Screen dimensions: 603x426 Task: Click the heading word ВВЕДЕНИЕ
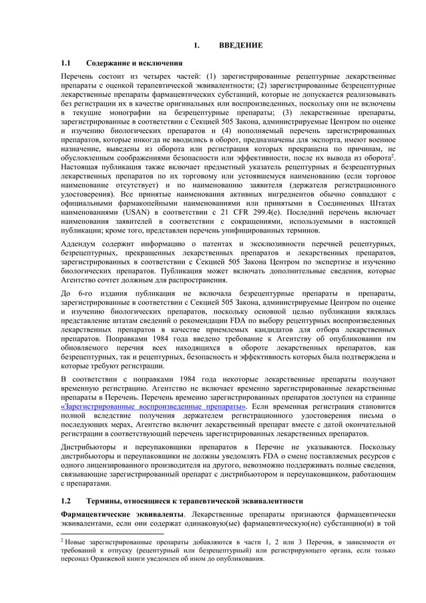(240, 45)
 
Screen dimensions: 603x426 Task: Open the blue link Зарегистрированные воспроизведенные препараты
(153, 406)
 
